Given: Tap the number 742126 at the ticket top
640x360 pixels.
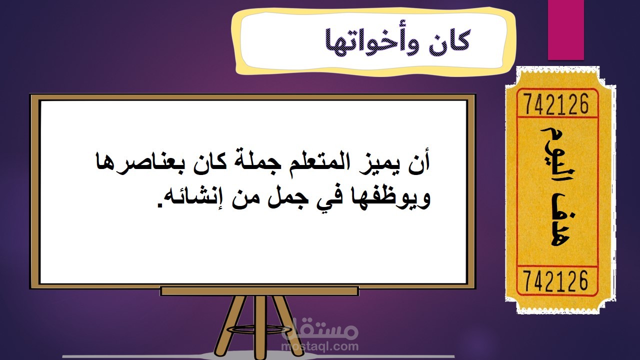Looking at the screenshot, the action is [557, 104].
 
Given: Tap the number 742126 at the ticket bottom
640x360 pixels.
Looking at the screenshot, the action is [556, 281].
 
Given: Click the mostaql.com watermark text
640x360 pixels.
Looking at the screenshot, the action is [320, 346].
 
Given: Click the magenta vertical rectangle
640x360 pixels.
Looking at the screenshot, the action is [565, 30].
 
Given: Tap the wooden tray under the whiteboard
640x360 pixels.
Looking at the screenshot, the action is [259, 291].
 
